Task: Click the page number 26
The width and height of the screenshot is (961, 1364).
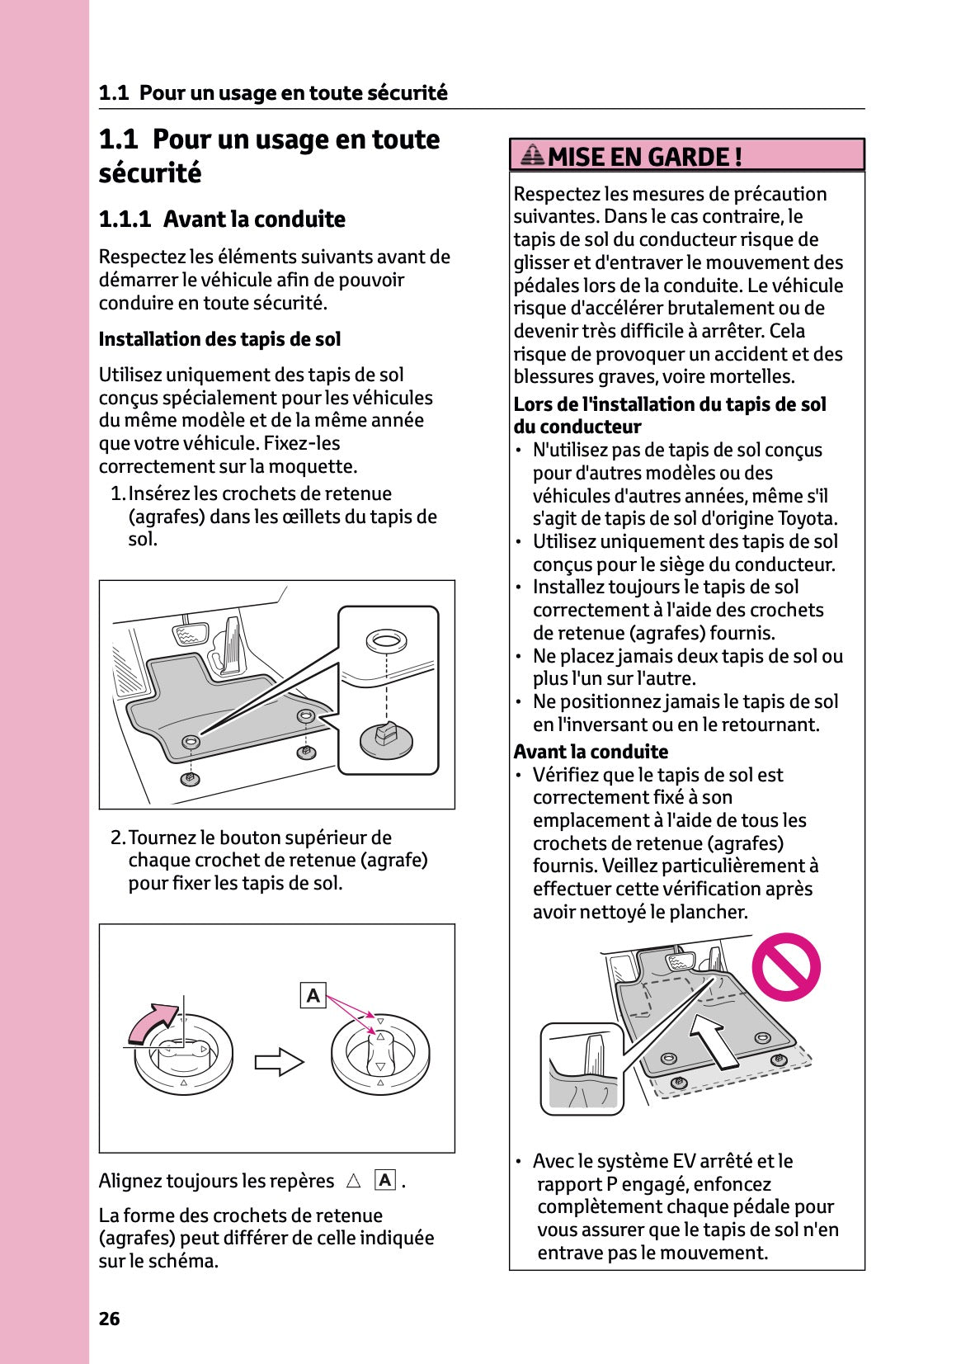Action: tap(109, 1318)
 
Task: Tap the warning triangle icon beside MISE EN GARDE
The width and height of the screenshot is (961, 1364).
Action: tap(533, 154)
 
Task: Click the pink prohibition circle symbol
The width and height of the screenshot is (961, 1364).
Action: tap(785, 966)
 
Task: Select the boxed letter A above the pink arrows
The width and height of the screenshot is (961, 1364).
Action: tap(313, 995)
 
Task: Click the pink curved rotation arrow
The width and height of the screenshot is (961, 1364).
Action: tap(152, 1022)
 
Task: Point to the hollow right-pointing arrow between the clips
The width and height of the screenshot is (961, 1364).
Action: tap(279, 1061)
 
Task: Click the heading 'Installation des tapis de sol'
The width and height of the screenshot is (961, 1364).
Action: tap(219, 339)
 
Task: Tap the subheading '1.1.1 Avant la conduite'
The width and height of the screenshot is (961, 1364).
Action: tap(222, 219)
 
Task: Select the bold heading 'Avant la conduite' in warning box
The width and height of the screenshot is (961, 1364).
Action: tap(591, 752)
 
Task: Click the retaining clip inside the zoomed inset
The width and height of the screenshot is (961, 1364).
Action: tap(386, 737)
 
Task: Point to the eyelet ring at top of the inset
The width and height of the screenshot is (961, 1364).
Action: tap(386, 640)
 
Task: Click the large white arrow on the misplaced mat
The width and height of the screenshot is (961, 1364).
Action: tap(715, 1040)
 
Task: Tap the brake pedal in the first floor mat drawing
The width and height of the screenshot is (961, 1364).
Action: tap(191, 635)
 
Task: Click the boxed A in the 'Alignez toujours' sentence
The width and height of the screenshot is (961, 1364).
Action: tap(384, 1180)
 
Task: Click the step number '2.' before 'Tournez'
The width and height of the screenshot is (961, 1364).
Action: tap(118, 838)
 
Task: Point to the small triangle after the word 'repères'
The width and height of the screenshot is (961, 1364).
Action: tap(353, 1181)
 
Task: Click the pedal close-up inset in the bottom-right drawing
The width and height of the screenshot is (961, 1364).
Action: tap(582, 1069)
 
